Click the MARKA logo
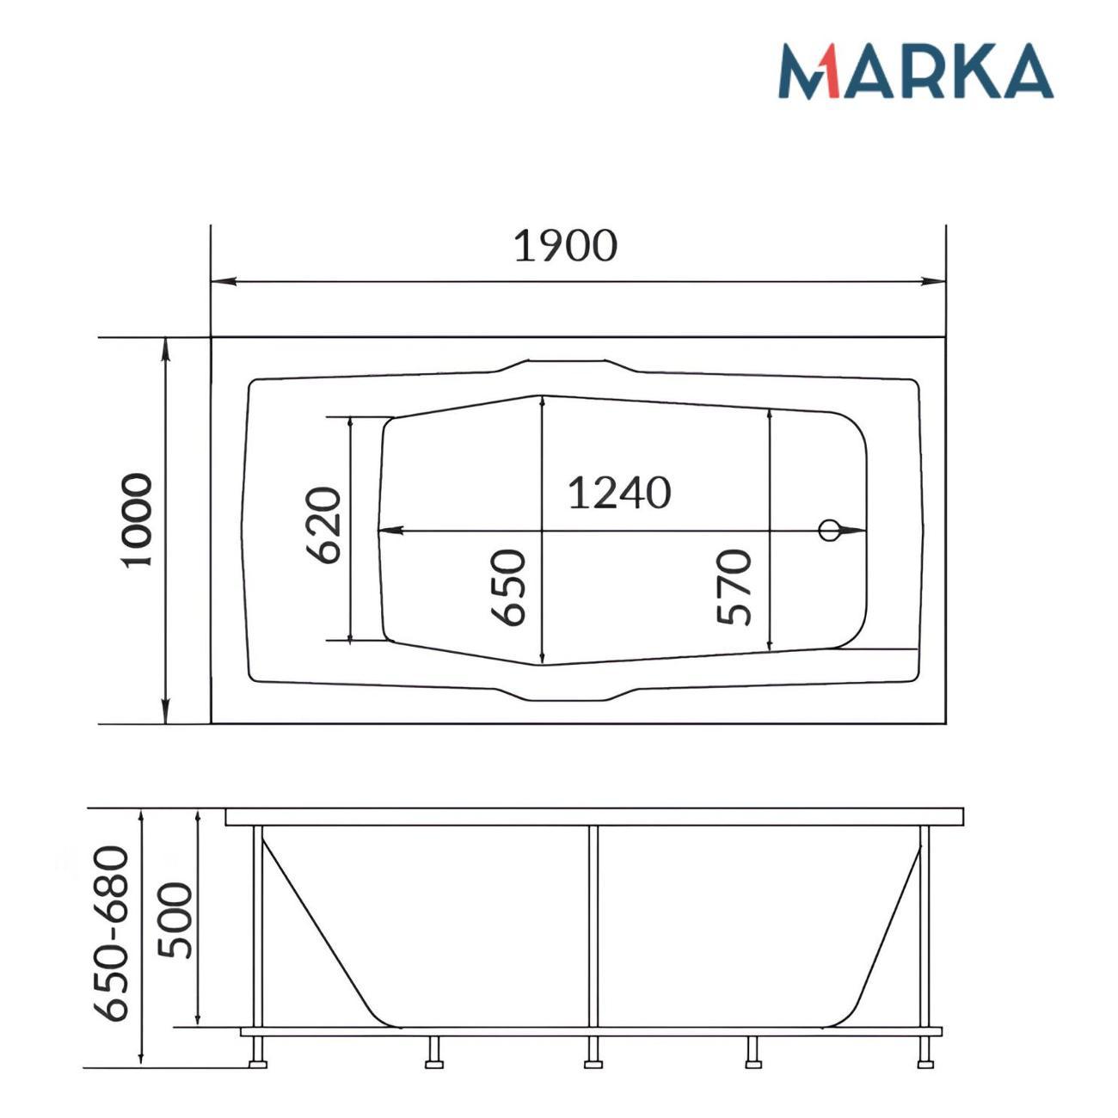915,71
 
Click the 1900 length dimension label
565,245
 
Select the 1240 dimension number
619,493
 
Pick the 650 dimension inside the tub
508,587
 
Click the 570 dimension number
734,587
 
